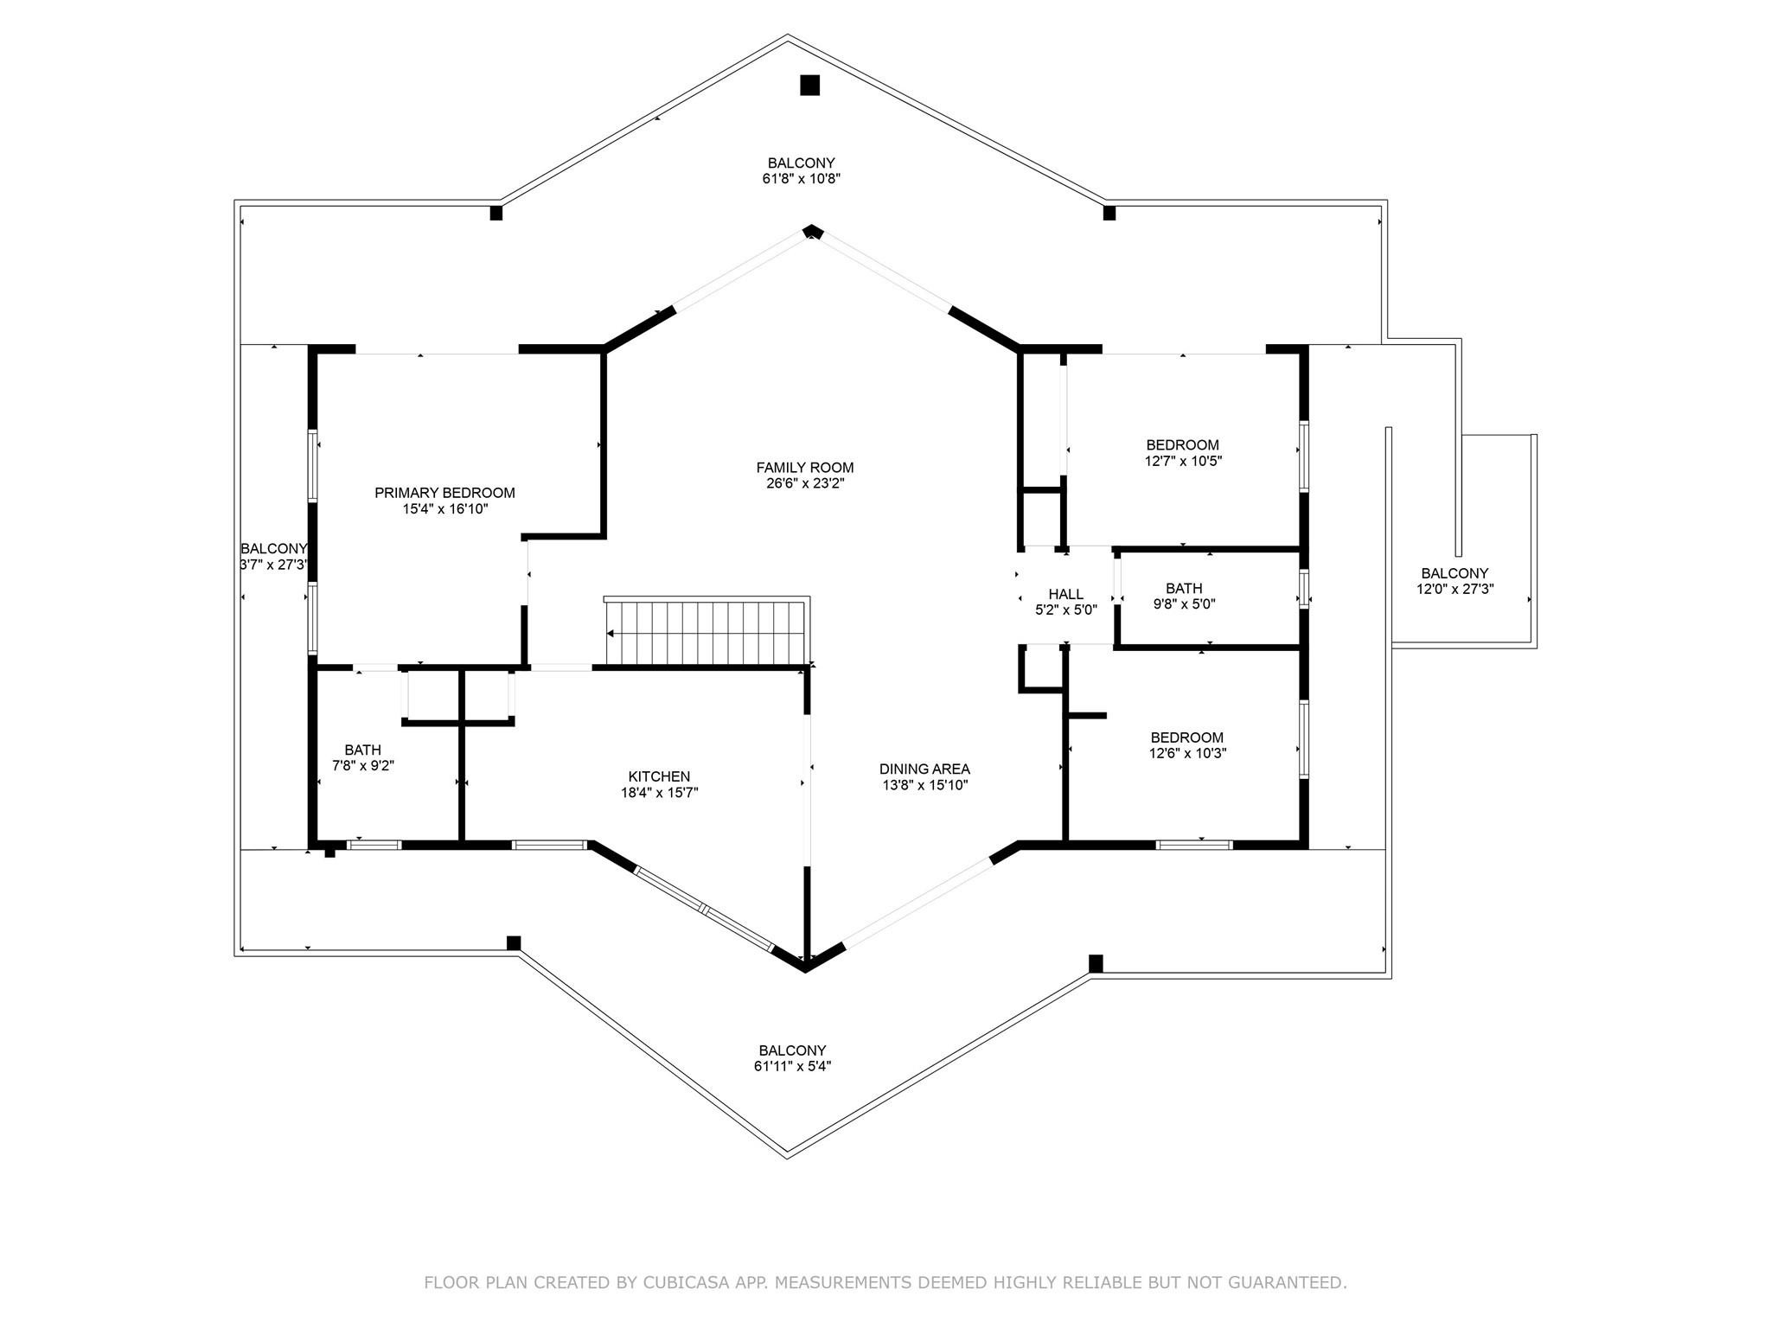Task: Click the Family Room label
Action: (x=804, y=468)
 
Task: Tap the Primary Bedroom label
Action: (x=444, y=493)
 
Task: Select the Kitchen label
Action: (x=659, y=776)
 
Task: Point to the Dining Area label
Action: (x=924, y=769)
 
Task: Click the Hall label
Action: (x=1065, y=594)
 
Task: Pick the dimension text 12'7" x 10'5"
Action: (x=1183, y=462)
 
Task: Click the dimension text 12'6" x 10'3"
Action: (x=1186, y=753)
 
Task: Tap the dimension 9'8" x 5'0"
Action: (x=1184, y=604)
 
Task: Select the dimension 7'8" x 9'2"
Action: (x=363, y=765)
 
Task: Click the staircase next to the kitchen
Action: (x=706, y=632)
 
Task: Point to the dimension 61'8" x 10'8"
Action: (x=796, y=179)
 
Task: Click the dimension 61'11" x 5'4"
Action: (x=792, y=1066)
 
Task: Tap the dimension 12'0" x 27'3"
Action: (x=1455, y=589)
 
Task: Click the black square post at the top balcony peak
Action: (x=809, y=85)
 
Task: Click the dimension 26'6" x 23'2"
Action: (x=804, y=483)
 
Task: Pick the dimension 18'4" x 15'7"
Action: (x=659, y=792)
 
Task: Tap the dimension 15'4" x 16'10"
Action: (x=444, y=508)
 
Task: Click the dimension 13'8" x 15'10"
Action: (x=924, y=785)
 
